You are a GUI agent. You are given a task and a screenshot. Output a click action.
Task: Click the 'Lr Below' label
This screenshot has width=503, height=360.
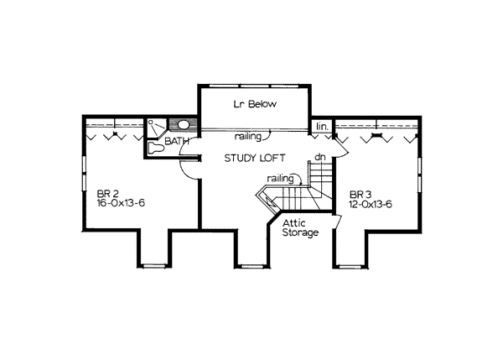click(x=255, y=104)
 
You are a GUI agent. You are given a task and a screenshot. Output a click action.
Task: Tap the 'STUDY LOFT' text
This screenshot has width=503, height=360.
click(x=255, y=158)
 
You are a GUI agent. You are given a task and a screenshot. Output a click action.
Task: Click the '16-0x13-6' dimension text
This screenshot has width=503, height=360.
click(x=121, y=203)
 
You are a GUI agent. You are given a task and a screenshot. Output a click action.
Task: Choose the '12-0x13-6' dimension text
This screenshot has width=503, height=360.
click(x=371, y=204)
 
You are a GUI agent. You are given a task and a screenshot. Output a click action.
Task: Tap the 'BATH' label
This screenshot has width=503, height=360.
click(x=176, y=141)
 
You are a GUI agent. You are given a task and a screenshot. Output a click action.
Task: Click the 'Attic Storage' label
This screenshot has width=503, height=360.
click(x=300, y=227)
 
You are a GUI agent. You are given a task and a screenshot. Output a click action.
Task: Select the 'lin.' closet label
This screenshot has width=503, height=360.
click(x=323, y=127)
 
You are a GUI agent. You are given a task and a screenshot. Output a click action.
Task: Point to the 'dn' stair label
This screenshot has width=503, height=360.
click(x=320, y=157)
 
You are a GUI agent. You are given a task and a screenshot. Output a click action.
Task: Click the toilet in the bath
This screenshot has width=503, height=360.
click(x=156, y=149)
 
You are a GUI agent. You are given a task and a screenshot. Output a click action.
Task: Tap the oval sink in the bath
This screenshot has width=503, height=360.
click(x=184, y=124)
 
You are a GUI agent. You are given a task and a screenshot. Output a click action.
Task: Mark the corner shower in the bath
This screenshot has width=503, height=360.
click(x=157, y=128)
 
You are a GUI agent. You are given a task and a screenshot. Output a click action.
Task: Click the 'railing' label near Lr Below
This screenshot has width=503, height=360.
click(x=248, y=137)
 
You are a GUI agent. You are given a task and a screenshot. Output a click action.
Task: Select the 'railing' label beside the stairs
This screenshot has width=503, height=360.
click(x=280, y=179)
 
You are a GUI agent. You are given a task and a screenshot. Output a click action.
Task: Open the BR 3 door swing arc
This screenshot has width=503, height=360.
click(x=342, y=151)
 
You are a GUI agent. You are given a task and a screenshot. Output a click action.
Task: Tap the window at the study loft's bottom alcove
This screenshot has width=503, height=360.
click(x=252, y=266)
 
